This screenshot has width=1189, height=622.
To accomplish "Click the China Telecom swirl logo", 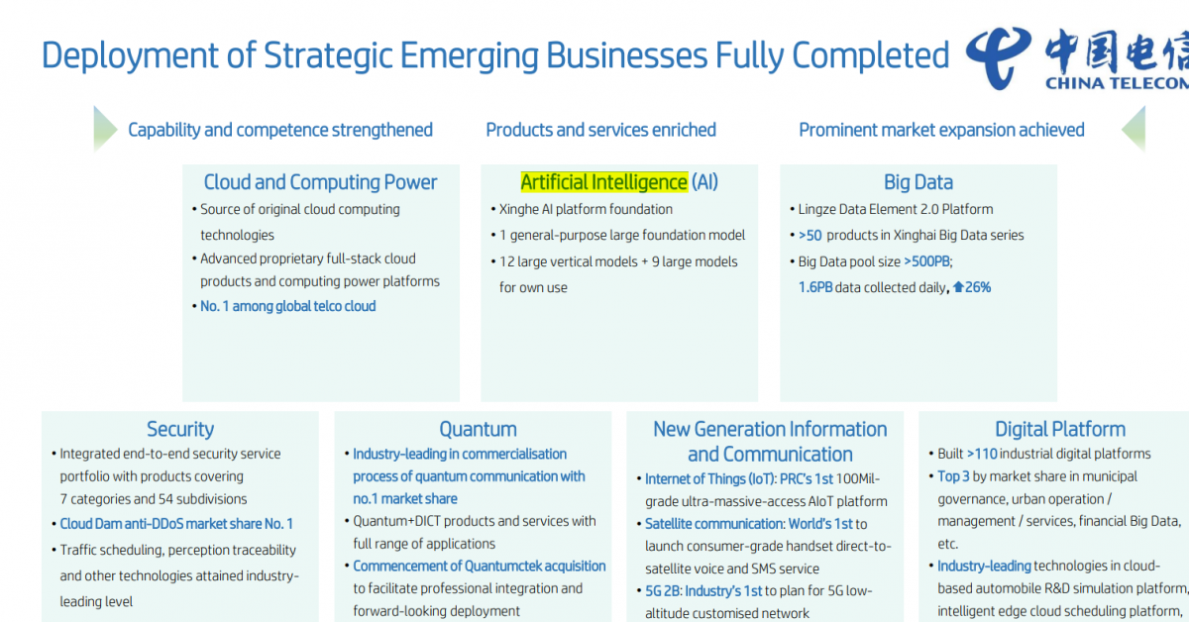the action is coord(998,58).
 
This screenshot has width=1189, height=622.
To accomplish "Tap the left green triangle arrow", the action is coord(105,129).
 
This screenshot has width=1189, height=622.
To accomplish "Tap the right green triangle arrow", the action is coord(1134,129).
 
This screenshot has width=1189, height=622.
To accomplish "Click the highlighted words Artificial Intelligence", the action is coord(604,182).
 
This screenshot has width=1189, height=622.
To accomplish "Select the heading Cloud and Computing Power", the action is coord(320,182).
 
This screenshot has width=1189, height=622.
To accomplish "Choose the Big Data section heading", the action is coord(919,182).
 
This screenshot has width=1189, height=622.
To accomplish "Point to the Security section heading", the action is coord(180,429).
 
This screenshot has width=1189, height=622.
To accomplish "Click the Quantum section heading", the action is coord(478,429).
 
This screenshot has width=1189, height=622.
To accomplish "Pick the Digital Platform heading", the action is coord(1060,429).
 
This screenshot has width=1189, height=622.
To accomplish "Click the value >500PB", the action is coord(927,261).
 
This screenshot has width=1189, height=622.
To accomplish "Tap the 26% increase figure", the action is coord(972,287).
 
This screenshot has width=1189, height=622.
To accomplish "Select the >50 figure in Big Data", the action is coord(811,235).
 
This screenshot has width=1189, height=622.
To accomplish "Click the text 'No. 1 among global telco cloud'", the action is coord(287,306).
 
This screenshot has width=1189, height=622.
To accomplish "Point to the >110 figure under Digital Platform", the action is coord(982,454).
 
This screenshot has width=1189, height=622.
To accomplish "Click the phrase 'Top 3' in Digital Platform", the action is coord(953,476).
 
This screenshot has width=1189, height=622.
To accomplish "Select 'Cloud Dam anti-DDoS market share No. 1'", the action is coord(176,524).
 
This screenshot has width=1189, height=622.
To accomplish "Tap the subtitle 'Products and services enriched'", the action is coord(600,130).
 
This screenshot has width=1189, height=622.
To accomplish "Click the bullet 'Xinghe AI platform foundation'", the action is coord(586,209).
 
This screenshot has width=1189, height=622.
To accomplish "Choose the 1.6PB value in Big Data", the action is coord(815,287).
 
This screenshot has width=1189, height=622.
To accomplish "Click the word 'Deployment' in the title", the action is coord(130,56).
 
